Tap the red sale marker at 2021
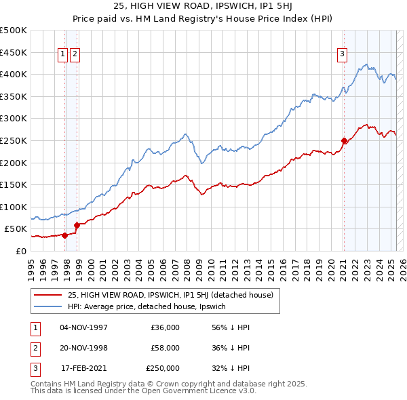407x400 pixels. point(344,141)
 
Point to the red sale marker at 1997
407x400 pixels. point(65,235)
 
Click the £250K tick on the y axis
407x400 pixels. point(14,140)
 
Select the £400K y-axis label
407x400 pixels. point(14,74)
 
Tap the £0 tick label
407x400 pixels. point(21,251)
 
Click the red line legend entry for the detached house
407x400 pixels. point(170,295)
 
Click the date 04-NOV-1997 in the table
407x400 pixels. point(84,327)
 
